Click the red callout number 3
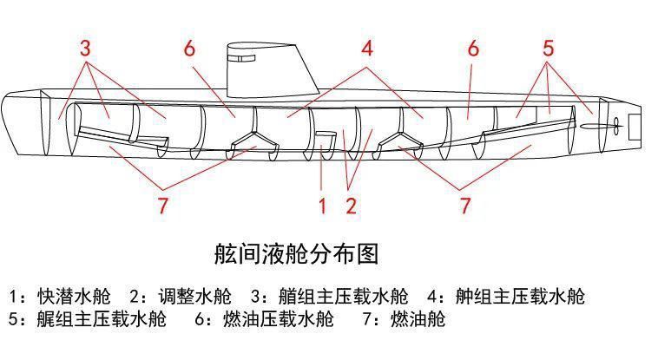point(85,48)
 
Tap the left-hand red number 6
point(190,48)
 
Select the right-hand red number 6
point(473,48)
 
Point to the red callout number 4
point(367,49)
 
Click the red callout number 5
point(548,48)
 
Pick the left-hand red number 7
point(162,206)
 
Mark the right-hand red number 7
point(465,206)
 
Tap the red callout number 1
point(321,206)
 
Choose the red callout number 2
point(351,206)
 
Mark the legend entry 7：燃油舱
point(404,319)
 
